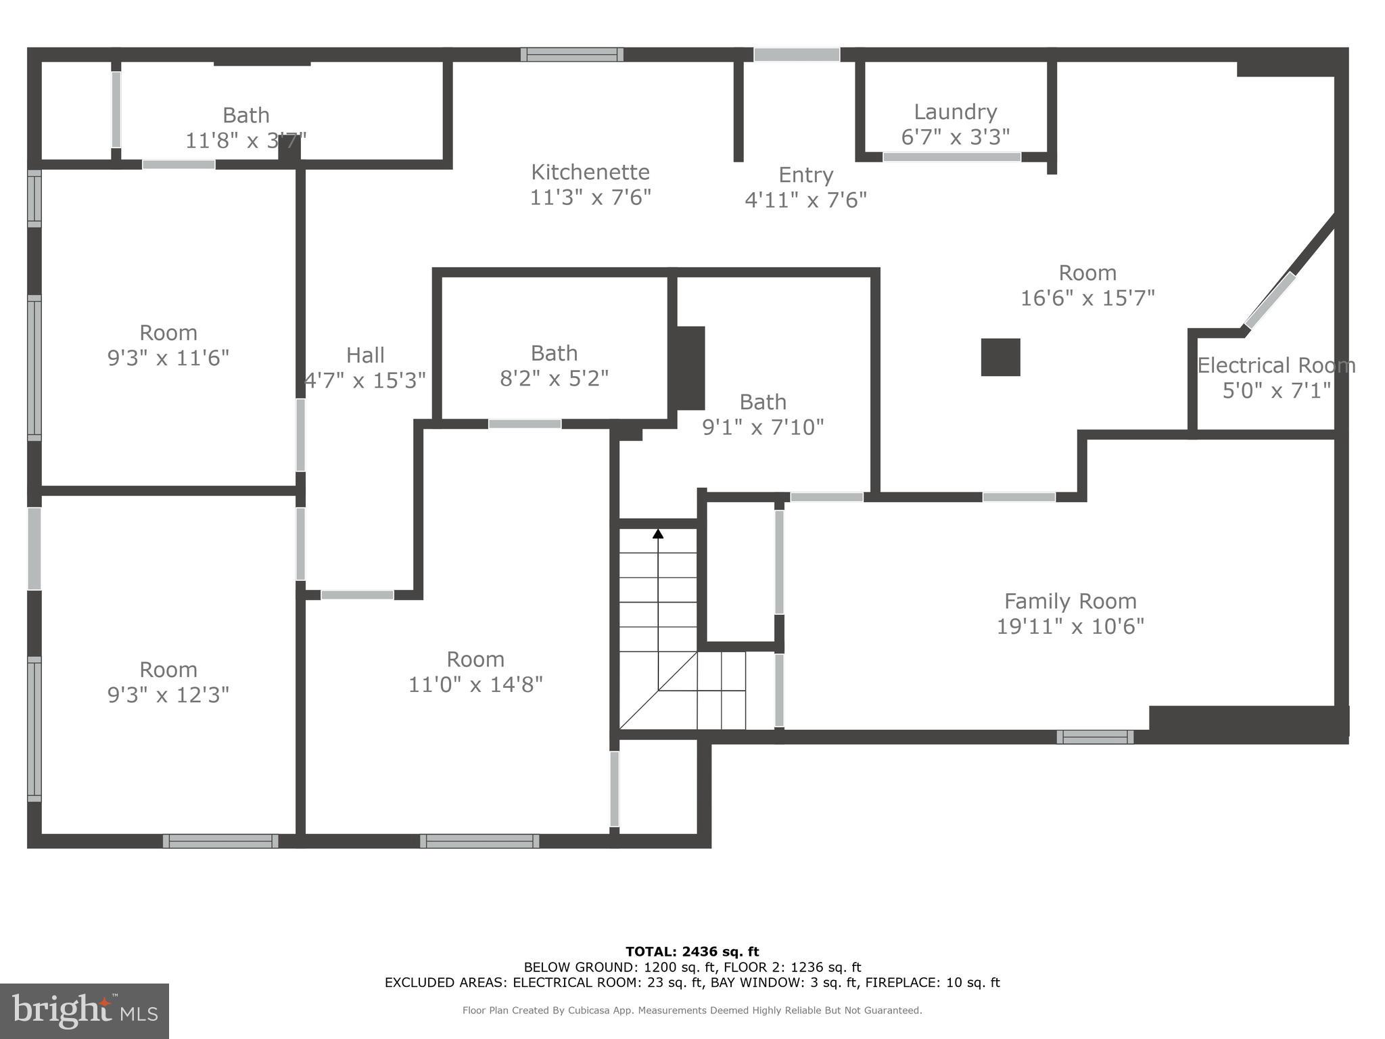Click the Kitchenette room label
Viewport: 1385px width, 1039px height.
590,172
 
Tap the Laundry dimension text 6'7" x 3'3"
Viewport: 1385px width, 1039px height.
955,137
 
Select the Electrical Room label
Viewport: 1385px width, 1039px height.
1276,365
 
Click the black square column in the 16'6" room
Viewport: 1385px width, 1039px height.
1000,357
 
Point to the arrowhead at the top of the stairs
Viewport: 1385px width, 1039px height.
658,534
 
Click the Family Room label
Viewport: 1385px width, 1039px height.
1070,601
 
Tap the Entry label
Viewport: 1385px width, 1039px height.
805,175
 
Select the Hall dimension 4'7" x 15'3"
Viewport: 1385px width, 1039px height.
365,380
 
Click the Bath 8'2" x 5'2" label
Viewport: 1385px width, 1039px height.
554,353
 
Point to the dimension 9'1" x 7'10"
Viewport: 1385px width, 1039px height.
763,427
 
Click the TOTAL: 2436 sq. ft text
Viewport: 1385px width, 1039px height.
692,952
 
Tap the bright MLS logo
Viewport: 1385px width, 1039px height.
85,1011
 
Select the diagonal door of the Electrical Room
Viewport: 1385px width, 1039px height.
1270,300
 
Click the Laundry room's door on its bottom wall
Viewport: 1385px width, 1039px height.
952,157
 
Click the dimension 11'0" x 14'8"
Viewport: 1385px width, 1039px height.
475,685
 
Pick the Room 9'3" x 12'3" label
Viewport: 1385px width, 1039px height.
168,670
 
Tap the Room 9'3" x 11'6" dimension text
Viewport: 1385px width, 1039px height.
168,358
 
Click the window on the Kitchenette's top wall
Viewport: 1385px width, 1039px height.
572,55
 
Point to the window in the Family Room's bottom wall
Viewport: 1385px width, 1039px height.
1095,737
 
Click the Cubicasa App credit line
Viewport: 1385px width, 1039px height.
692,1010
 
